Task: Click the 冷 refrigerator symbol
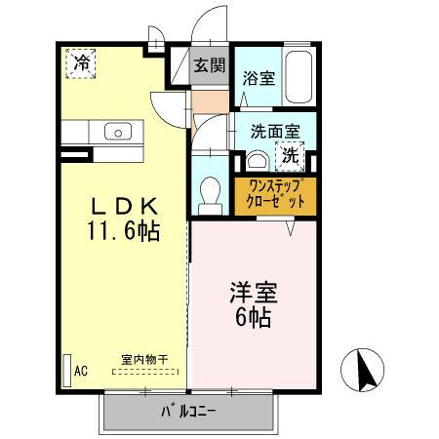[81, 63]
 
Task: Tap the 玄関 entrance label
[210, 65]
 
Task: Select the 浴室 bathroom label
[259, 78]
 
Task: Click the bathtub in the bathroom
[299, 77]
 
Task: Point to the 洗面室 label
[275, 132]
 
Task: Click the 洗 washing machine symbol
[290, 156]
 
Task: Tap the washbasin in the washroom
[258, 161]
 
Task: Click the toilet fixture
[210, 196]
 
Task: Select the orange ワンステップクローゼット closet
[275, 196]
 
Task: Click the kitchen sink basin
[118, 132]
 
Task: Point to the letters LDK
[124, 206]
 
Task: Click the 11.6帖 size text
[123, 230]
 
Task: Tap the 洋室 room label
[254, 293]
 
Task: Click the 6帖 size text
[254, 317]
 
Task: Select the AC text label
[81, 371]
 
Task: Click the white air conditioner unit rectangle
[67, 370]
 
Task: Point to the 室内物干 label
[144, 360]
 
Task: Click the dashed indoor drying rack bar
[145, 372]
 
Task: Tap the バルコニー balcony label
[188, 412]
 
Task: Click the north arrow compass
[362, 370]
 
